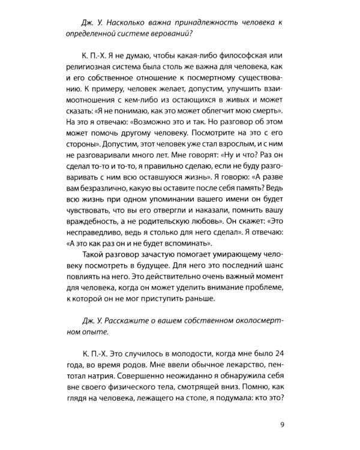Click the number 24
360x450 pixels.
(277, 357)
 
